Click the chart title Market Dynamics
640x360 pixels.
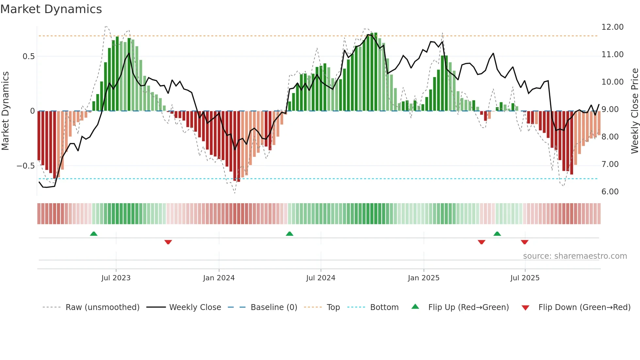click(x=51, y=9)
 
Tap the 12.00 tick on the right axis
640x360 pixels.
click(x=612, y=27)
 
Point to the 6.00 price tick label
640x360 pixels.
click(x=610, y=192)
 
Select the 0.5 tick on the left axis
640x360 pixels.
click(x=28, y=57)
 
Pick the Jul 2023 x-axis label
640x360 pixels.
click(x=116, y=278)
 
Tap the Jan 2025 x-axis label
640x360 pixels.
click(x=424, y=278)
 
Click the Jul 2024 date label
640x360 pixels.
click(x=320, y=278)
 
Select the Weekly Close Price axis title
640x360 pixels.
click(x=634, y=111)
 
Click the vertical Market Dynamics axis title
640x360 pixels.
click(x=5, y=111)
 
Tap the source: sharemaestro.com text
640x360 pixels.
click(x=575, y=256)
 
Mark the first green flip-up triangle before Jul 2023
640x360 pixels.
click(x=94, y=234)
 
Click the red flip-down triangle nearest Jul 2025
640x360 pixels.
click(x=524, y=242)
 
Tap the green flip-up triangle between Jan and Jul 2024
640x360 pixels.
click(x=289, y=234)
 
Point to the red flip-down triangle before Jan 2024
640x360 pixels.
click(x=168, y=242)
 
